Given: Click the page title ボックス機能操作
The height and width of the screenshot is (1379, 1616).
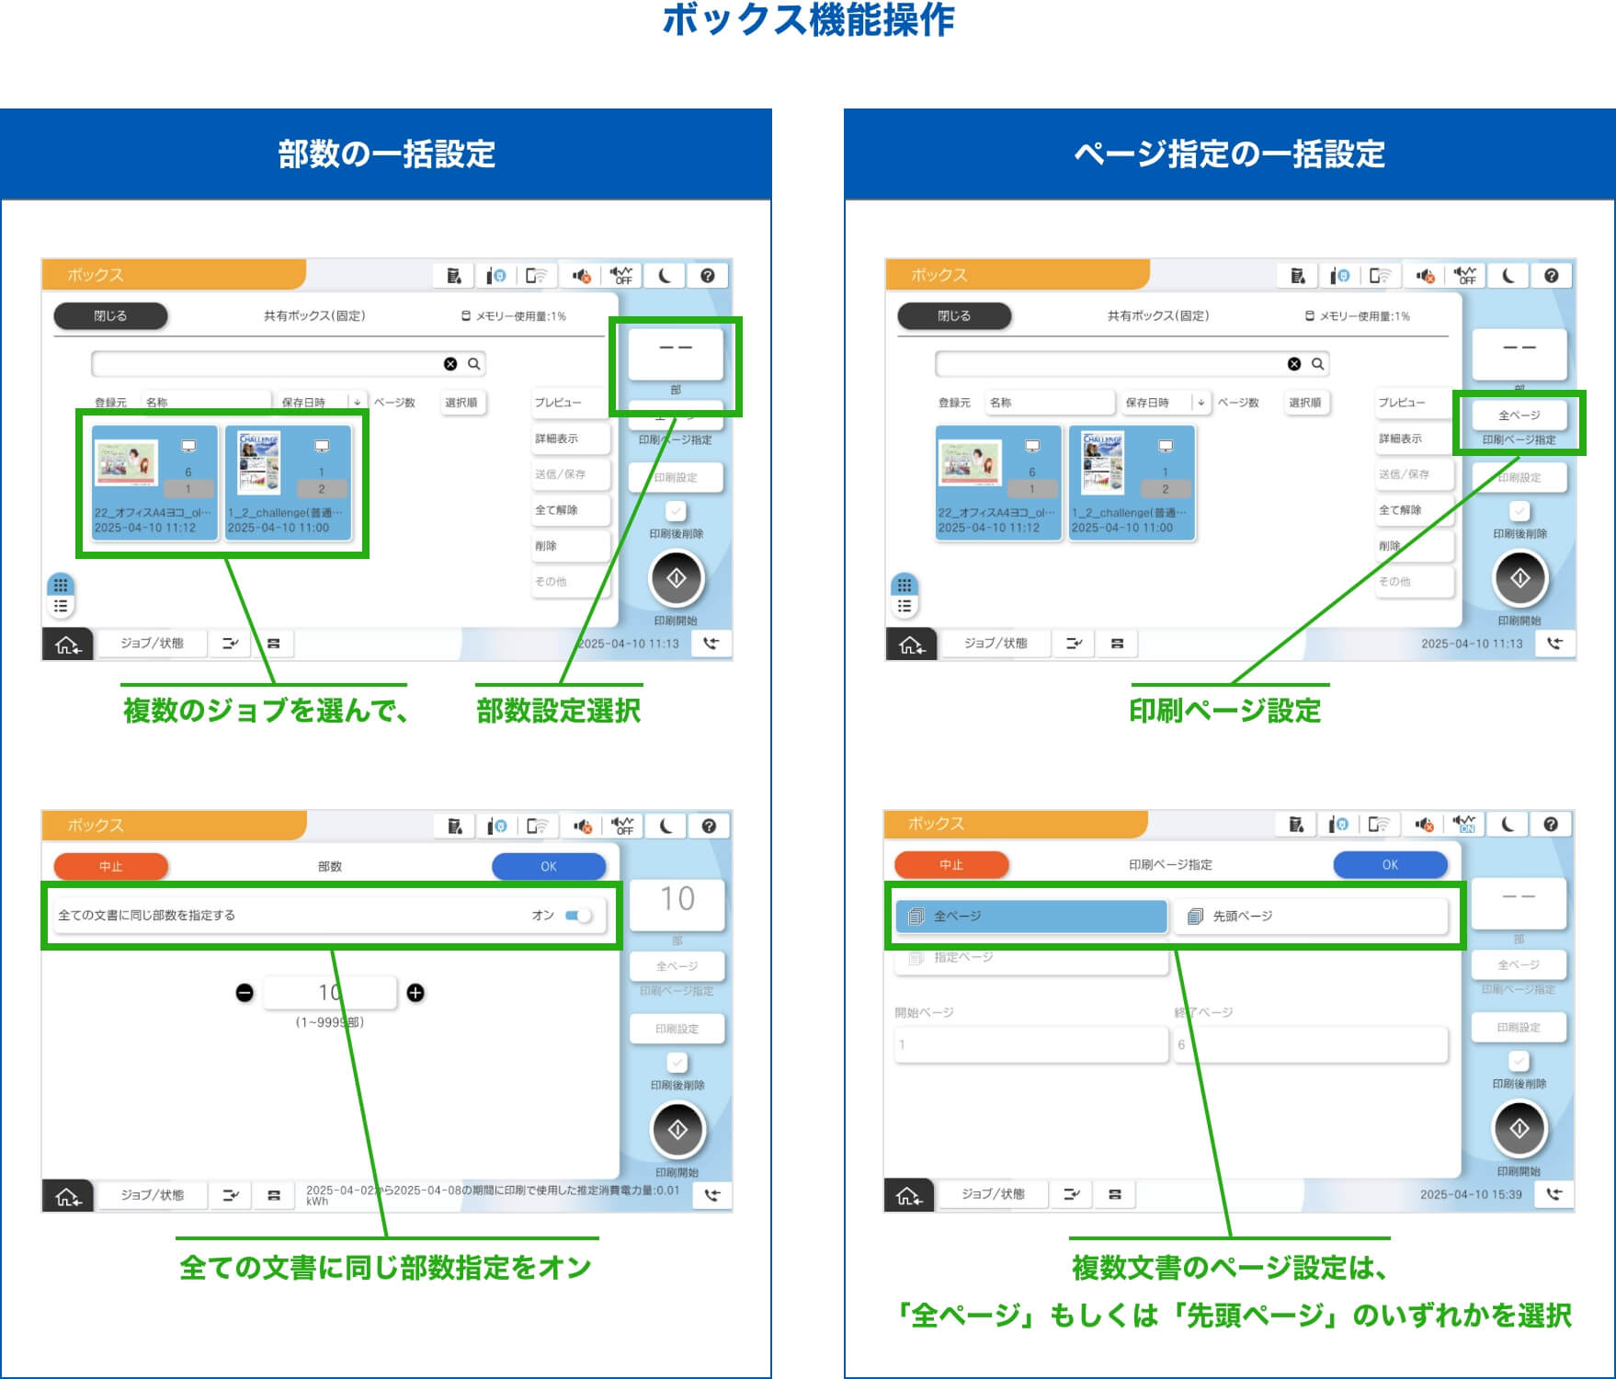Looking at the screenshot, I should (x=808, y=20).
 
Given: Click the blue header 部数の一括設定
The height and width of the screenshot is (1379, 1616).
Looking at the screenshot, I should (x=386, y=154).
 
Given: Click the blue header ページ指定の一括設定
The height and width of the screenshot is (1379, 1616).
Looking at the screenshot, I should (x=1229, y=154).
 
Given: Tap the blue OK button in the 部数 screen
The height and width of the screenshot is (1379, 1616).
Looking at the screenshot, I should (x=549, y=866).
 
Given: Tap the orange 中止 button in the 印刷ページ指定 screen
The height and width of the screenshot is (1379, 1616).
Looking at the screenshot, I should (x=951, y=865).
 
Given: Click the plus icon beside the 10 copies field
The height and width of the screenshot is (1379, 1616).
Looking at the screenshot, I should (x=415, y=993).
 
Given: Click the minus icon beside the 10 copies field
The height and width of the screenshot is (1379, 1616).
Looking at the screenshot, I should (x=245, y=993).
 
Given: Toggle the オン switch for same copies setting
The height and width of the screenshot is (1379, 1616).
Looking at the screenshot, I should (x=578, y=916).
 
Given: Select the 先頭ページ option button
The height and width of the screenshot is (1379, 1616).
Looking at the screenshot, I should (x=1310, y=917).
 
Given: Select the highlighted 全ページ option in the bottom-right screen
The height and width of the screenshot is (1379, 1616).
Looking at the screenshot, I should (x=1030, y=917).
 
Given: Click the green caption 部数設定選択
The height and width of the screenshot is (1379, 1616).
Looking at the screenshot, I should (x=558, y=711).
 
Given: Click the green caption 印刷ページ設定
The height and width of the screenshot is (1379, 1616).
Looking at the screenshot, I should (x=1225, y=711).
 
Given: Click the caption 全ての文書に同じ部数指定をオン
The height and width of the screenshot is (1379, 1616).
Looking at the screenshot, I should (x=386, y=1268).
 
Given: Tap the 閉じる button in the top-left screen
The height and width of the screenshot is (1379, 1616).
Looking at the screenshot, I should (x=110, y=316).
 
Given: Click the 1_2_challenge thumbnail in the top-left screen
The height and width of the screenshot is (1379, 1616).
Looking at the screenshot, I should (x=289, y=482).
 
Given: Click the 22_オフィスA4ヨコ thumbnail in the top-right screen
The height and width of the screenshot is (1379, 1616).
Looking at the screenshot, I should (x=998, y=482).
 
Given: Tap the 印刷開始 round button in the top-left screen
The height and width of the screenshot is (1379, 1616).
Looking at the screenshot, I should (x=677, y=578).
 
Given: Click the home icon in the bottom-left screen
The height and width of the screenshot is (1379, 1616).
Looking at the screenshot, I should (x=68, y=1196).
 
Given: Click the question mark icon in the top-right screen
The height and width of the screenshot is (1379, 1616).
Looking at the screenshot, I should (x=1552, y=276).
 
